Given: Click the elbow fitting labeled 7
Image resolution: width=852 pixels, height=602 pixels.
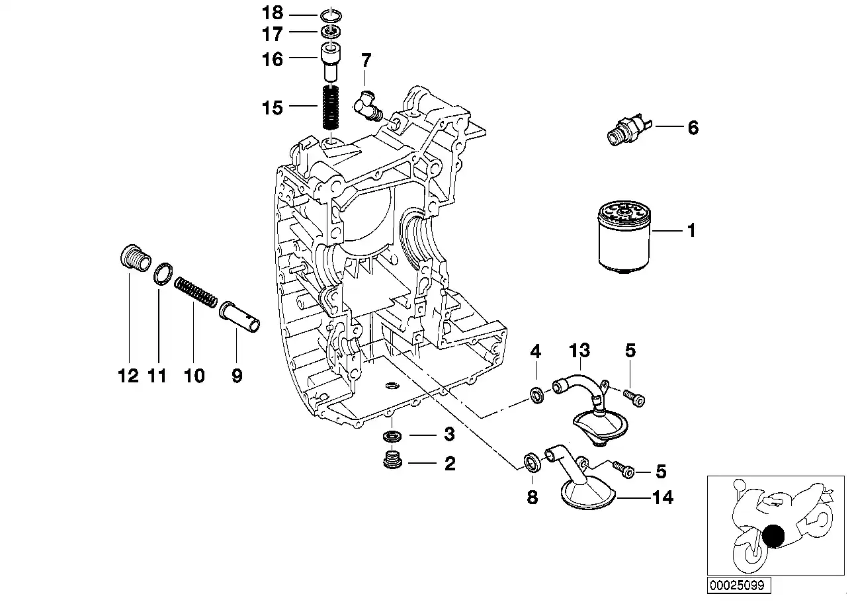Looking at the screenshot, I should [365, 106].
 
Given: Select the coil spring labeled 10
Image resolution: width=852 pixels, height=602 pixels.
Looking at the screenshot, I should [195, 292].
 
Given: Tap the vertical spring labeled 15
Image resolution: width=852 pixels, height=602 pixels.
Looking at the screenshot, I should [331, 108].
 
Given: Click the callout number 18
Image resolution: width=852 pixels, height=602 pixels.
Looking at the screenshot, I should [273, 13].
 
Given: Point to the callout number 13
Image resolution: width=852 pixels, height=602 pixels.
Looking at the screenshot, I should [579, 350].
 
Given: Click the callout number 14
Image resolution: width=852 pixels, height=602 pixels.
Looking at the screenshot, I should [663, 497].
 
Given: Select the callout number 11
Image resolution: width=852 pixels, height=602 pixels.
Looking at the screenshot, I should [157, 376].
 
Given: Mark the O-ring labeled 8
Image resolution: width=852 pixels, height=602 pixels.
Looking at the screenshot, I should [531, 462].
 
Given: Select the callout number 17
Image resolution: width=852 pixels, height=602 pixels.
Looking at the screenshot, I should [273, 34].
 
